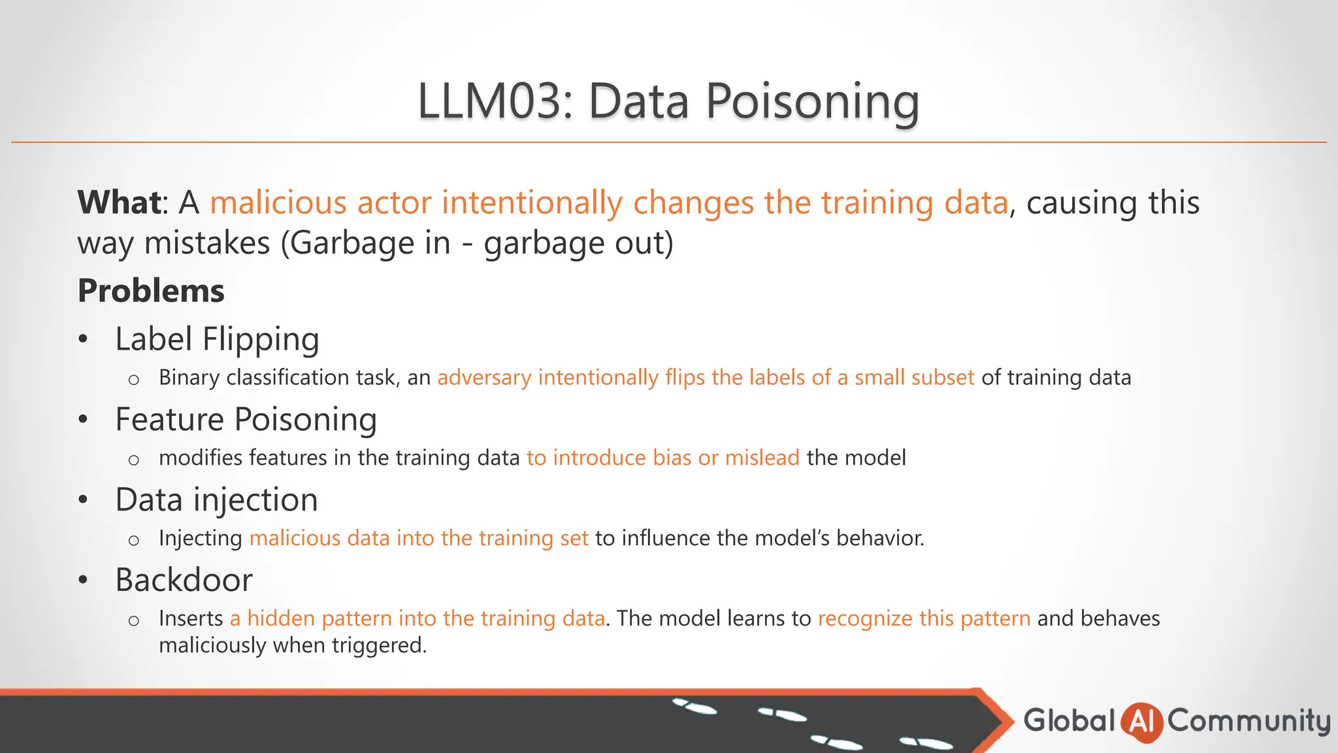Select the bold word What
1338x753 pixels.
coord(119,202)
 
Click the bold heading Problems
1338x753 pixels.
coord(151,291)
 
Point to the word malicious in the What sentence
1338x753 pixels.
coord(278,203)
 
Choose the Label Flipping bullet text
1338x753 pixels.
coord(217,339)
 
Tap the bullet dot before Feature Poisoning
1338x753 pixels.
coord(83,419)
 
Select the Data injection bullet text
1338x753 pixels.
coord(216,500)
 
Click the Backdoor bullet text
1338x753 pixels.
coord(184,580)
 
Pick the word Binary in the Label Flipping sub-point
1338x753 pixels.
coord(189,378)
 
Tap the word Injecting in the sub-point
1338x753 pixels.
coord(201,538)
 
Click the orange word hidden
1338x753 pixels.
coord(281,618)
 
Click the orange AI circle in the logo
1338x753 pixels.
coord(1141,722)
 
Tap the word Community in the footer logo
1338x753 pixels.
coord(1248,721)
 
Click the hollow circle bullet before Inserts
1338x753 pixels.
coord(134,620)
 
